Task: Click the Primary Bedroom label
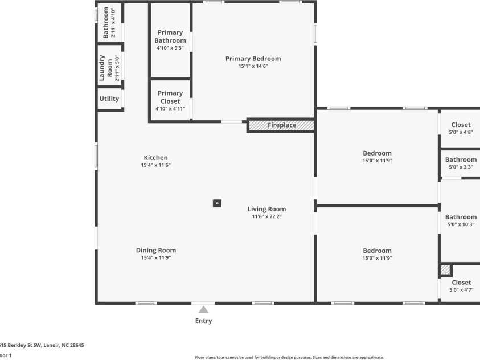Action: click(x=253, y=59)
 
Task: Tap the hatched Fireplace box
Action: click(x=281, y=125)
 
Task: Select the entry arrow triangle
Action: click(x=203, y=310)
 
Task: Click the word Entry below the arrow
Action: click(x=203, y=321)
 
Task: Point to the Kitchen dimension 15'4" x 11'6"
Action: click(x=155, y=165)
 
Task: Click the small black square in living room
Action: click(x=217, y=203)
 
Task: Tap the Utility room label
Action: click(x=109, y=99)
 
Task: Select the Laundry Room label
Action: click(x=106, y=68)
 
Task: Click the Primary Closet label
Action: click(x=170, y=97)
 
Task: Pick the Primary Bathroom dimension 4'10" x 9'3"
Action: click(x=170, y=48)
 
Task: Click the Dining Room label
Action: click(x=155, y=250)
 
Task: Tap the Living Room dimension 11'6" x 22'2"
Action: click(x=266, y=216)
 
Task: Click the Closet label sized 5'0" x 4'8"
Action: click(x=461, y=125)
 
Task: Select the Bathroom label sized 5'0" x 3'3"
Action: click(x=461, y=159)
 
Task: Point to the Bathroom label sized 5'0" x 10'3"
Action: click(x=461, y=217)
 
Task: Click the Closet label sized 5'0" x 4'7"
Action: click(x=461, y=283)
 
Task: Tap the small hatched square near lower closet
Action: click(x=445, y=269)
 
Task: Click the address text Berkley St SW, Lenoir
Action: click(x=42, y=345)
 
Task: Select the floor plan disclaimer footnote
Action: click(x=289, y=357)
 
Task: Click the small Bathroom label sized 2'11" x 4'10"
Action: click(x=106, y=23)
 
